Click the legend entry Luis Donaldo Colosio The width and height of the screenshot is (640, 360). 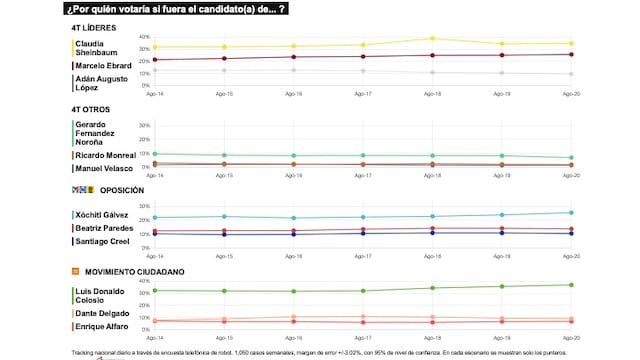tap(104, 295)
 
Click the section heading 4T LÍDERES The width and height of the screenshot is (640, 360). tap(92, 28)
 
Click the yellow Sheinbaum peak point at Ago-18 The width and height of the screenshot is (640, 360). tap(432, 39)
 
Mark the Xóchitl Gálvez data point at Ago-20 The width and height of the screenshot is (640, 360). tap(570, 212)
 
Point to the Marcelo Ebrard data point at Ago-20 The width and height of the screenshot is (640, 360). tap(570, 54)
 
